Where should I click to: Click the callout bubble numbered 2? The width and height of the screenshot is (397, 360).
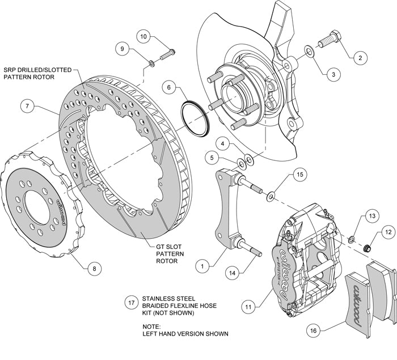coord(358,57)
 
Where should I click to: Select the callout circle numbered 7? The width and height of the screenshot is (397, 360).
coord(26,105)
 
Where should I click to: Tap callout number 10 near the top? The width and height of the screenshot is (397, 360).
coord(143,37)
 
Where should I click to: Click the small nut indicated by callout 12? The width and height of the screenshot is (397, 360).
coord(366,247)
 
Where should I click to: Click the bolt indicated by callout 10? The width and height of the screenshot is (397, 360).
coord(165,57)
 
